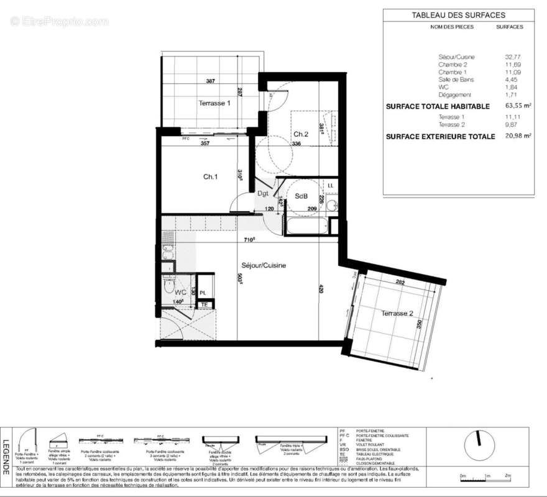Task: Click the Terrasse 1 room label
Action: coord(214,103)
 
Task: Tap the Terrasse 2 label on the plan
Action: coord(397,313)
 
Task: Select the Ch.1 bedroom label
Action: coord(210,177)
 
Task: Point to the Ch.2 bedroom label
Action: coord(301,134)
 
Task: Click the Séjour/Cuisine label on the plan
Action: coord(264,265)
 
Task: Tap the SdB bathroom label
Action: coord(301,196)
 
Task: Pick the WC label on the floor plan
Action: coord(180,291)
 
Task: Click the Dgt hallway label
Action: coord(263,193)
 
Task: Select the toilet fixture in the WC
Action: coord(168,285)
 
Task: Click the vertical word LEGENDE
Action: coord(6,458)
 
